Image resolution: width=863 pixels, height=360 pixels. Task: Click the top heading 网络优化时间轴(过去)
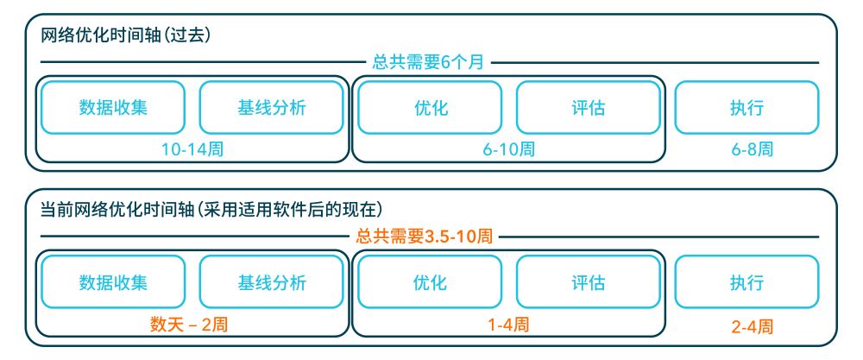coord(126,37)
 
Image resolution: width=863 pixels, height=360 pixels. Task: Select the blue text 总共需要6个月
coord(428,62)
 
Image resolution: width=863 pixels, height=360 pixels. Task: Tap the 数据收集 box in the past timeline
coord(113,108)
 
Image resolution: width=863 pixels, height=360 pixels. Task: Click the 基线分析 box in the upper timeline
coord(271,108)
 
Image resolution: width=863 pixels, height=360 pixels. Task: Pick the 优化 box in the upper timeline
coord(430,108)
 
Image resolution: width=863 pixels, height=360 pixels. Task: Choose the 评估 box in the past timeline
coord(588,108)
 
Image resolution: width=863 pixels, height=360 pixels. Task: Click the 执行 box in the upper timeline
coord(746,108)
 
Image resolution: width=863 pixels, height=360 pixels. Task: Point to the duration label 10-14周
coord(192,148)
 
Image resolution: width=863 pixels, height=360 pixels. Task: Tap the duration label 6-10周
coord(508,148)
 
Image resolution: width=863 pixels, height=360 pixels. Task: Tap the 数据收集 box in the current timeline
coord(113,282)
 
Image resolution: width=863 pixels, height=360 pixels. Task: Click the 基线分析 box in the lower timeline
coord(271,282)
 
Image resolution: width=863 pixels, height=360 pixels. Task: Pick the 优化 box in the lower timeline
coord(430,282)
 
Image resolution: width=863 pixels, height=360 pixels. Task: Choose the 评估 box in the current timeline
coord(588,282)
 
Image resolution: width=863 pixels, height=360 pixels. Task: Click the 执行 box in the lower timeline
coord(746,282)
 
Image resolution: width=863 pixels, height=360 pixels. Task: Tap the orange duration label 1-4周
coord(508,324)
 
